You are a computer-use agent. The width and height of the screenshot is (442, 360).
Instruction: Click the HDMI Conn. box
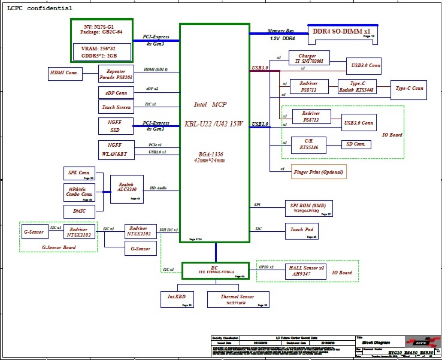point(65,74)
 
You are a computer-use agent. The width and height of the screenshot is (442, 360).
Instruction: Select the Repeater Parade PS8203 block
point(116,74)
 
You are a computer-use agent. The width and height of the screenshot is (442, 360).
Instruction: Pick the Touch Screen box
point(116,107)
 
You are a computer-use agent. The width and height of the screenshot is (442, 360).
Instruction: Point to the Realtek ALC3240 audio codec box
point(127,189)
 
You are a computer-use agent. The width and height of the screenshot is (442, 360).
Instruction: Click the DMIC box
point(79,211)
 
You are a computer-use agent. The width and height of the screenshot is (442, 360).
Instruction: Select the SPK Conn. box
point(79,174)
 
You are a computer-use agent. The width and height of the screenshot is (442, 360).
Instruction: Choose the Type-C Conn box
point(409,89)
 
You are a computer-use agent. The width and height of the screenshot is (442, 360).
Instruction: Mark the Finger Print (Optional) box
point(319,172)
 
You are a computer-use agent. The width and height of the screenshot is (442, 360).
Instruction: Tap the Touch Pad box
point(303,230)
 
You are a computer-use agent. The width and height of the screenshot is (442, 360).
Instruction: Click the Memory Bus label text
point(280,30)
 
